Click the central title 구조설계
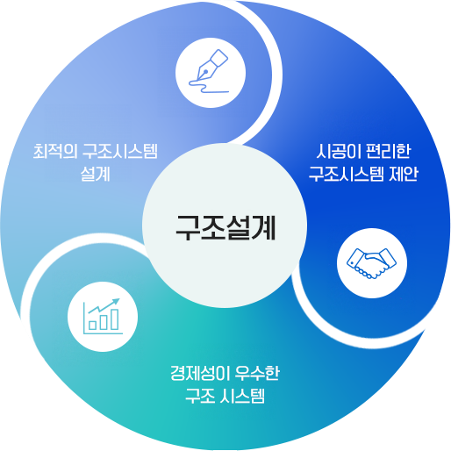[x=225, y=227]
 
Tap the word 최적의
[x=55, y=151]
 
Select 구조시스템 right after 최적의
[x=120, y=151]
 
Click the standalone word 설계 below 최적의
[x=96, y=174]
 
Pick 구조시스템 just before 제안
[x=347, y=174]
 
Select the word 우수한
[x=257, y=373]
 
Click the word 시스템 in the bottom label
[x=242, y=396]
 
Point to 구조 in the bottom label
[x=199, y=396]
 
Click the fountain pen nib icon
[x=212, y=65]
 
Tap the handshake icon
[x=371, y=263]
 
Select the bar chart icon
[x=103, y=317]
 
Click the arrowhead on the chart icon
[x=117, y=301]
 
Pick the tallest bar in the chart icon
[x=115, y=319]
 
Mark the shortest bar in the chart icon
[x=93, y=326]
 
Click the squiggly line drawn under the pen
[x=208, y=86]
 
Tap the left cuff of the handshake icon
[x=354, y=257]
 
